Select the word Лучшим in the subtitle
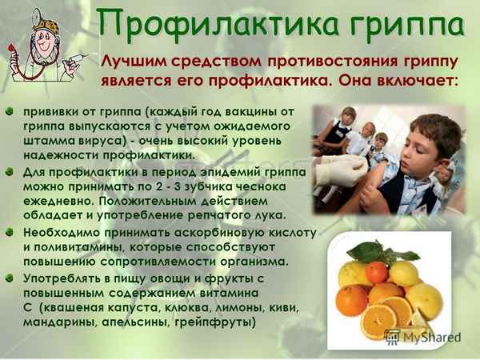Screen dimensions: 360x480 (131, 62)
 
